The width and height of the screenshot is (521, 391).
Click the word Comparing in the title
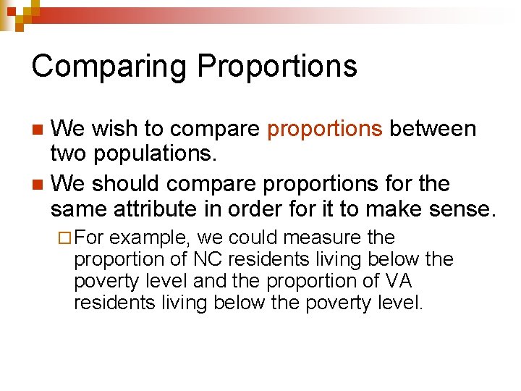(x=108, y=67)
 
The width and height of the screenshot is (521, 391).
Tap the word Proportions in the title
(x=277, y=67)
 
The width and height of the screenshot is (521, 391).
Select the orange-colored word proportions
(x=325, y=130)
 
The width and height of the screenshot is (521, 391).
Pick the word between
(x=433, y=130)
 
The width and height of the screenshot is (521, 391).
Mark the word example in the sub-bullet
(x=151, y=238)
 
